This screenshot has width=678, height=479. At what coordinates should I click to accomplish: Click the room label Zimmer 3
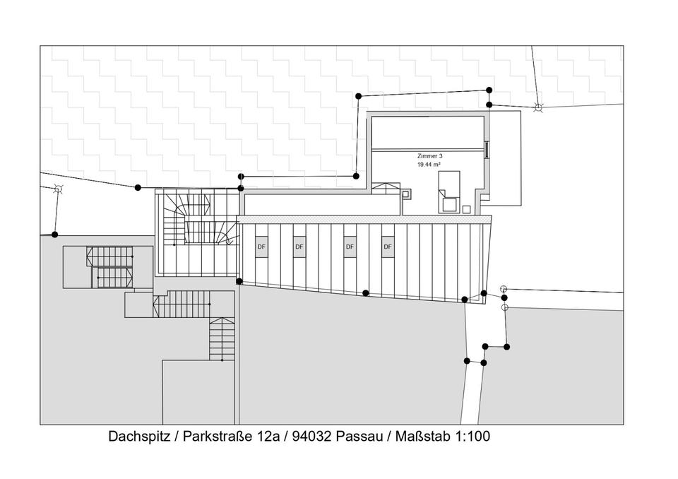pos(429,155)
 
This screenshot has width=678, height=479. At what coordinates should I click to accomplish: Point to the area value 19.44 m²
pos(429,164)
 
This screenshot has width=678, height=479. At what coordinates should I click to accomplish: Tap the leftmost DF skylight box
pos(261,247)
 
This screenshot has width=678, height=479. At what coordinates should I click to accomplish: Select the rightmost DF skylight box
pos(387,247)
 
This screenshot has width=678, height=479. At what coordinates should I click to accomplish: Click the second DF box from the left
pos(299,247)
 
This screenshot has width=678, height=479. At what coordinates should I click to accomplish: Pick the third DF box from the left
pos(349,247)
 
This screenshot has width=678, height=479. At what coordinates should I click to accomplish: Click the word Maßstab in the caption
pos(418,437)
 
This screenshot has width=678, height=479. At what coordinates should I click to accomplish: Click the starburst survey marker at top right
pos(538,107)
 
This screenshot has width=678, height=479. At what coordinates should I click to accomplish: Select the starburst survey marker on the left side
pos(59,189)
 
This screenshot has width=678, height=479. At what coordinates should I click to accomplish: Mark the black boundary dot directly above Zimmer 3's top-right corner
pos(489,90)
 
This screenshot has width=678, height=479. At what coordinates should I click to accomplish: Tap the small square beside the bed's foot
pos(467,208)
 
